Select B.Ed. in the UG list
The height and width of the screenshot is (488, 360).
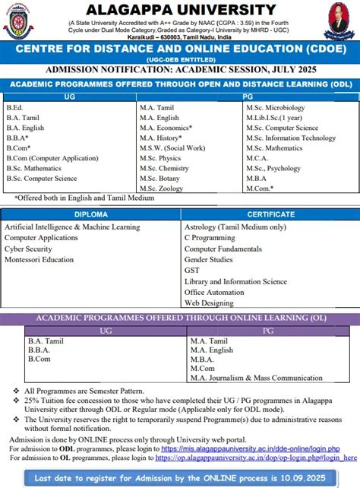click(14, 108)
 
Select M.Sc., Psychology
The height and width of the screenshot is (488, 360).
click(273, 167)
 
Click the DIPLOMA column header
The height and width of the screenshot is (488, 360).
click(90, 214)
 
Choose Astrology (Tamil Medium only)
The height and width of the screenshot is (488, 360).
click(235, 227)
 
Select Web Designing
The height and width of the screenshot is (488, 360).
click(210, 303)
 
